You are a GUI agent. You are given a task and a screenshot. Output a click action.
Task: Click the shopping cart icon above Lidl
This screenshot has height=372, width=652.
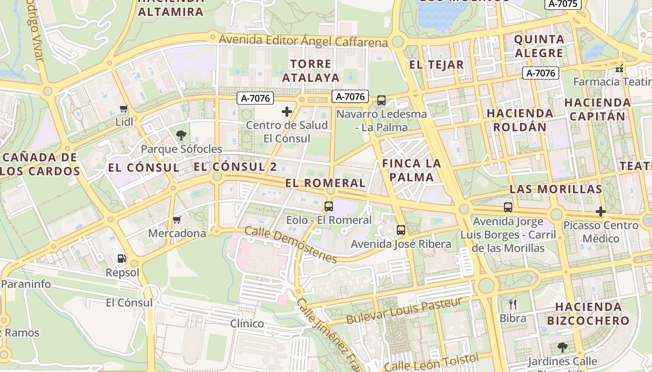[x=123, y=109]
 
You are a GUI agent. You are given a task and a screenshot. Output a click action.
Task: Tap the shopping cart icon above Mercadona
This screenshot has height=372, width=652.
[x=177, y=219]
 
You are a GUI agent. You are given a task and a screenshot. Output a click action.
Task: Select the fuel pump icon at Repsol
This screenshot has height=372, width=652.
[x=122, y=258]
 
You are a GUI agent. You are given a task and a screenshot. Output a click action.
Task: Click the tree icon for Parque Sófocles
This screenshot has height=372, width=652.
[x=181, y=135]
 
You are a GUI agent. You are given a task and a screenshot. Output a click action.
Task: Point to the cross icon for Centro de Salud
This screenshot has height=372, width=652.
[x=287, y=112]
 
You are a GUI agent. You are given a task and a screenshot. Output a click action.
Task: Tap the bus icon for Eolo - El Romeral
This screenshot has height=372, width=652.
[x=329, y=206]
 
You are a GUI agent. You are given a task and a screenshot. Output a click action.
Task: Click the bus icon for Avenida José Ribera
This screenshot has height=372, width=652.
[x=401, y=230]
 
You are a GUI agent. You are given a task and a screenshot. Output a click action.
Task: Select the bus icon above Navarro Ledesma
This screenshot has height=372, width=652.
[x=381, y=100]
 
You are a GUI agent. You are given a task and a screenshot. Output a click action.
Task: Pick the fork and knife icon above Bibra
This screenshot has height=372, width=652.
[x=513, y=305]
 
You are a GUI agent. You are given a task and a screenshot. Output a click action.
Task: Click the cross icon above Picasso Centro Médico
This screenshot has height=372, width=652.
[x=601, y=212]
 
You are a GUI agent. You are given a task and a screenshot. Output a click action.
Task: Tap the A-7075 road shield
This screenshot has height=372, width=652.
[x=563, y=4]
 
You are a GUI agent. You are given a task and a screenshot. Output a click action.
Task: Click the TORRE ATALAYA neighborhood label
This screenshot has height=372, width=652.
[x=311, y=71]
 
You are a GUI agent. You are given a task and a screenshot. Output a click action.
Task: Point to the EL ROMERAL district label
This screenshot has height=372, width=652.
[x=325, y=183]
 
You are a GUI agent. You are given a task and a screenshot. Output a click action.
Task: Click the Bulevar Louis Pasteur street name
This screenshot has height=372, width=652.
[x=404, y=312]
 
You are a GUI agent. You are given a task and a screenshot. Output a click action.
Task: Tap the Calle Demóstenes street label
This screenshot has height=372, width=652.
[x=290, y=245]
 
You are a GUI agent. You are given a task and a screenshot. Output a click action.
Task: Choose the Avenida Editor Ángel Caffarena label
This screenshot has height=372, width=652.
[x=303, y=40]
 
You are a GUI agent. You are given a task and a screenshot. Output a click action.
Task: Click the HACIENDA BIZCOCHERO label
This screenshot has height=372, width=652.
[x=588, y=313]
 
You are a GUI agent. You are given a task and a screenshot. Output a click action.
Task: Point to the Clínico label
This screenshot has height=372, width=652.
[x=247, y=323]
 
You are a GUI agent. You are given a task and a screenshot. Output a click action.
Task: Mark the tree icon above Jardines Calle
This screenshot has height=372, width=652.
[x=563, y=347]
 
